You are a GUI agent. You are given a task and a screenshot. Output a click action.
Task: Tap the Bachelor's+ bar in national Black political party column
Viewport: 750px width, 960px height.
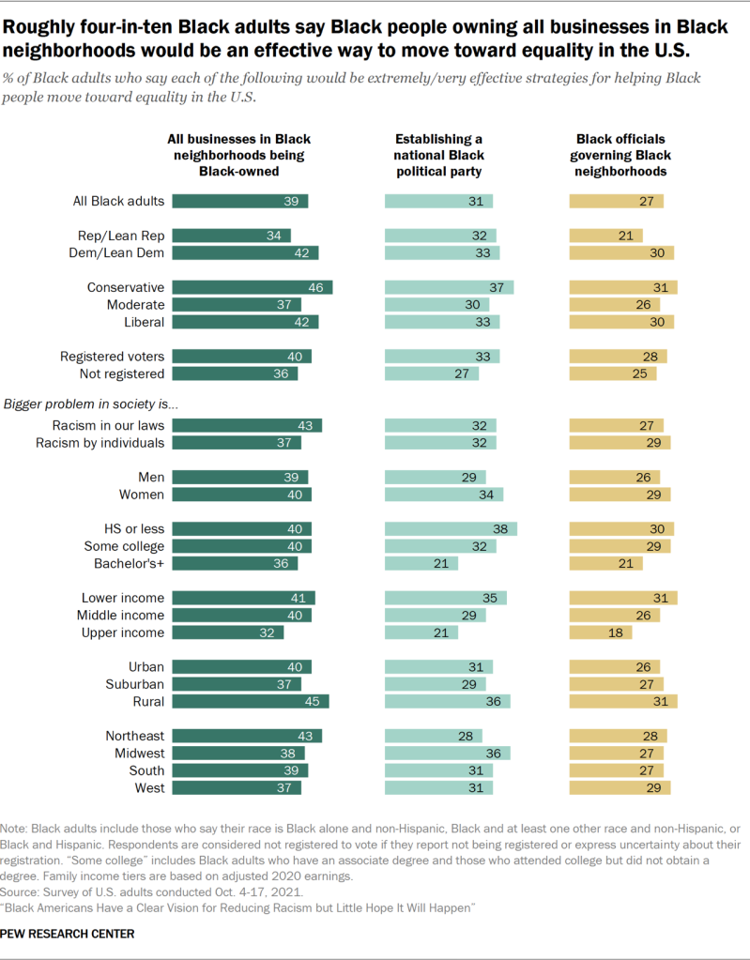(x=421, y=563)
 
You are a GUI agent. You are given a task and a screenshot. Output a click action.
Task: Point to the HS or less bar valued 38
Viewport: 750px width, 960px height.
(x=451, y=528)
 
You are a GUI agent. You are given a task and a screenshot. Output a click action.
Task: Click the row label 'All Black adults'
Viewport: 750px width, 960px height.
(x=118, y=201)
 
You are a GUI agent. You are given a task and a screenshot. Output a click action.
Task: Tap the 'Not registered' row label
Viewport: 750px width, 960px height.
(x=119, y=373)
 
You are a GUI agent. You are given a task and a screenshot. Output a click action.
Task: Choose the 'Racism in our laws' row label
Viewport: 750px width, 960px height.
(x=106, y=425)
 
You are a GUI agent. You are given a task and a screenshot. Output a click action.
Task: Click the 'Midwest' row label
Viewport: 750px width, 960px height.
(x=138, y=753)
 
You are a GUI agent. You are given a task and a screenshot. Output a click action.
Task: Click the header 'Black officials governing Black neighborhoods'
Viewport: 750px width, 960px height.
(x=621, y=156)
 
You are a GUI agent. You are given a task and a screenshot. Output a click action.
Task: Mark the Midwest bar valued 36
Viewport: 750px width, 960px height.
(x=447, y=753)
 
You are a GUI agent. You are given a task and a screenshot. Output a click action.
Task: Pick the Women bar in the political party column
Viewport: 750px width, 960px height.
(x=444, y=495)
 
